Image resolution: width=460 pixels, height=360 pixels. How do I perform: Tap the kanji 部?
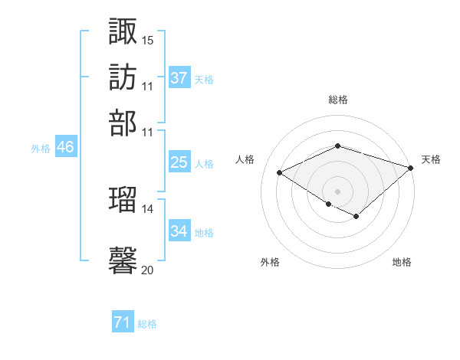tap(123, 123)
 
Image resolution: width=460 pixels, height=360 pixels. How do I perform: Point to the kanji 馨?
tap(123, 259)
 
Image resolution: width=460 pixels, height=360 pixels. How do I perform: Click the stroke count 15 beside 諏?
tap(148, 40)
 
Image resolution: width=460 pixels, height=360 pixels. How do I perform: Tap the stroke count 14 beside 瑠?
tap(148, 208)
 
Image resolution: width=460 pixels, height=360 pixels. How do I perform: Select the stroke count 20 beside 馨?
tap(148, 270)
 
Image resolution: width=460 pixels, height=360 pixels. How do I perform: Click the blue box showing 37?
tap(179, 77)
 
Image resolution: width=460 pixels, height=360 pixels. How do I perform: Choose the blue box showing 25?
tap(179, 162)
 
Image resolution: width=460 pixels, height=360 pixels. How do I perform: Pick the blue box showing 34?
tap(179, 231)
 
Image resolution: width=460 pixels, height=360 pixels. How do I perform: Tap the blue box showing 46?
tap(65, 147)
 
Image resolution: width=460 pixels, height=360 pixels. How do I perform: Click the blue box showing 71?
tap(123, 322)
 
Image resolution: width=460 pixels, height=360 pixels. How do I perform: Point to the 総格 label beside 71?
tap(147, 324)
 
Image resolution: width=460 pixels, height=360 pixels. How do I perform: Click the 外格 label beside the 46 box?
tap(40, 149)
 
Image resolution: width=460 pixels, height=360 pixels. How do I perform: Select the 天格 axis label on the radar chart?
tap(431, 159)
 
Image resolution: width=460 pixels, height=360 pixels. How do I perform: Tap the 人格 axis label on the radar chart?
tap(245, 159)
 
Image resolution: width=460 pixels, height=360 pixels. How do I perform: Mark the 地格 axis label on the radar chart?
tap(402, 263)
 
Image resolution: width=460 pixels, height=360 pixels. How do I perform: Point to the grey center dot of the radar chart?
tap(337, 191)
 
